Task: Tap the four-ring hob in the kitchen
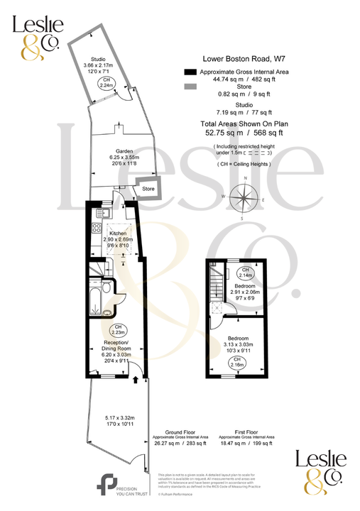pos(97,229)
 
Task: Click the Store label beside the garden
pos(148,189)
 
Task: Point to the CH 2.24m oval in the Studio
pos(107,82)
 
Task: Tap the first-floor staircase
pos(214,287)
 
